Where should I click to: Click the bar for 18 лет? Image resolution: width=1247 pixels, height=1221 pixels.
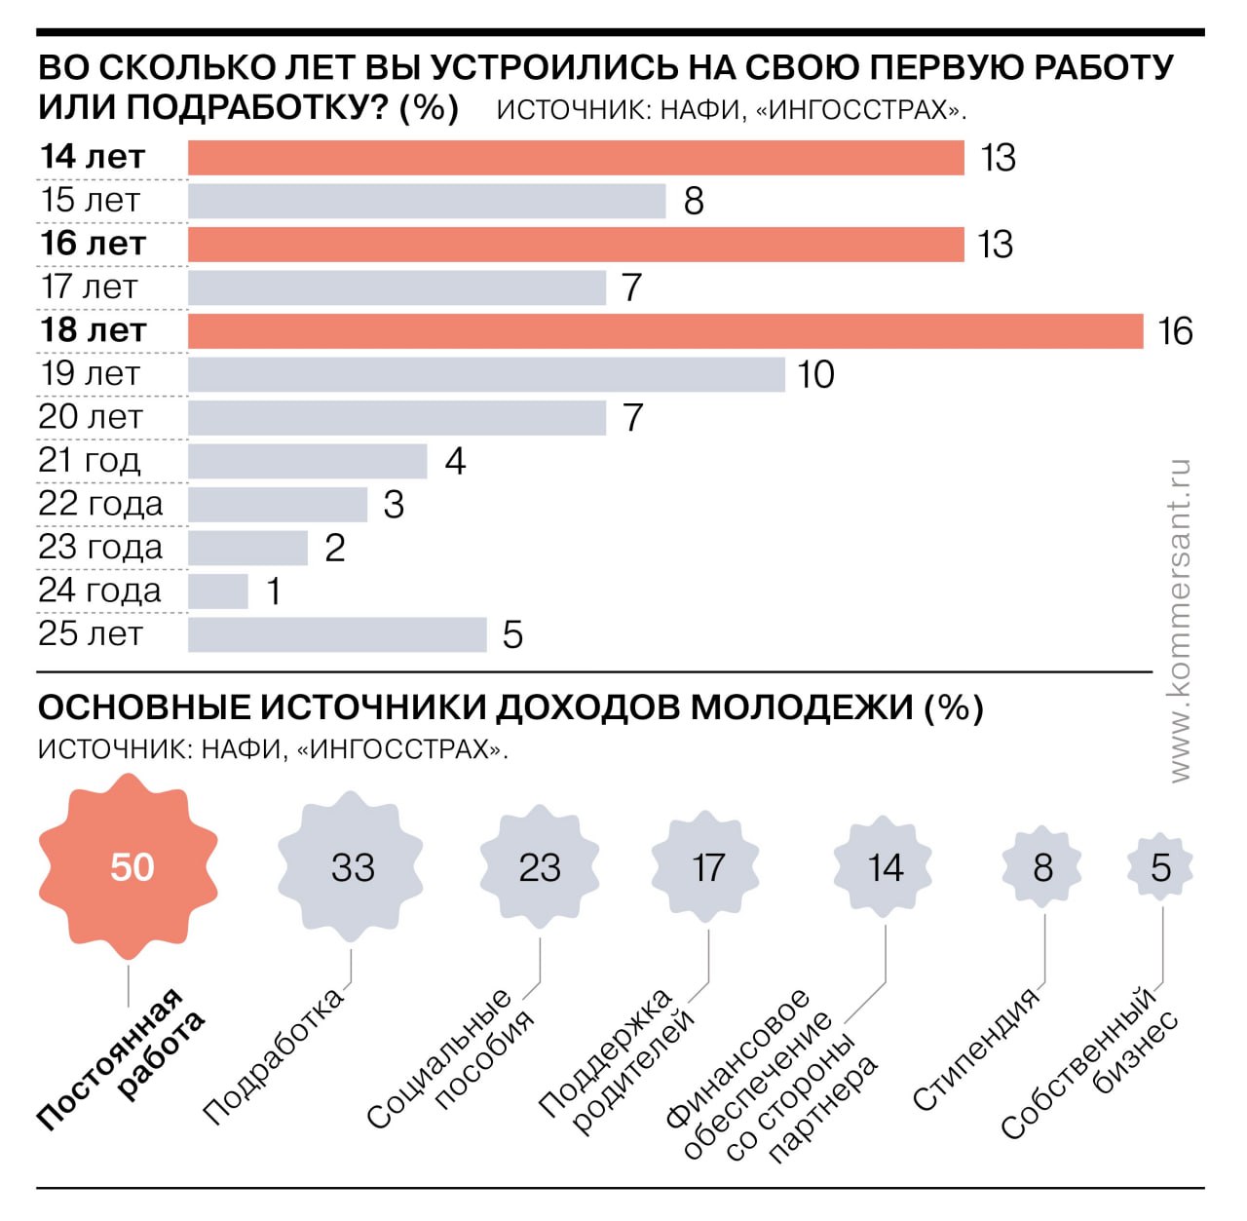pyautogui.click(x=665, y=331)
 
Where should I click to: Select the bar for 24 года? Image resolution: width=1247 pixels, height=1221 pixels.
pyautogui.click(x=218, y=591)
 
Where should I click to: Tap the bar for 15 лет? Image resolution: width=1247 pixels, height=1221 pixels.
pyautogui.click(x=427, y=202)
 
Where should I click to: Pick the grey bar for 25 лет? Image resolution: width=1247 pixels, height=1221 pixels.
pyautogui.click(x=337, y=634)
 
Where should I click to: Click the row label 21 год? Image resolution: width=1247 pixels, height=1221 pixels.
pyautogui.click(x=90, y=460)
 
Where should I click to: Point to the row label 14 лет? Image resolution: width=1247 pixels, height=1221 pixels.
pyautogui.click(x=93, y=157)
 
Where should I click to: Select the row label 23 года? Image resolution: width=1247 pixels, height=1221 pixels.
pyautogui.click(x=100, y=548)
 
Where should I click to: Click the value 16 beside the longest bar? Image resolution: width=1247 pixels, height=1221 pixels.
pyautogui.click(x=1175, y=332)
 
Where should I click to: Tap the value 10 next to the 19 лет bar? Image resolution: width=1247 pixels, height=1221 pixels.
pyautogui.click(x=815, y=375)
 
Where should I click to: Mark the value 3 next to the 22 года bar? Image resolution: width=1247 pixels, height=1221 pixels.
pyautogui.click(x=394, y=505)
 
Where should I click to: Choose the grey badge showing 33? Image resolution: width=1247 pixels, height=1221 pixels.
pyautogui.click(x=352, y=867)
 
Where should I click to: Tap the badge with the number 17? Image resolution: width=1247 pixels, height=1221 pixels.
pyautogui.click(x=708, y=867)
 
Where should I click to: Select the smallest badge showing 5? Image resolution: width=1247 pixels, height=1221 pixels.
pyautogui.click(x=1160, y=867)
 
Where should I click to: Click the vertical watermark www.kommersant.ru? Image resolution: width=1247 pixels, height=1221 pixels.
pyautogui.click(x=1179, y=620)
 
